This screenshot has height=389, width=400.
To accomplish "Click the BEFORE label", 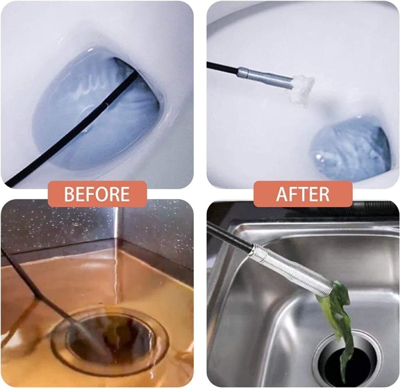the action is click(97, 194).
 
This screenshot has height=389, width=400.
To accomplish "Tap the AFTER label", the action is click(303, 194).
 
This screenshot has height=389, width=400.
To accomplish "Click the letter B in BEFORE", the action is click(69, 194).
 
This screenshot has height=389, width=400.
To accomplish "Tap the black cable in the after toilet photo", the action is click(222, 68).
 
